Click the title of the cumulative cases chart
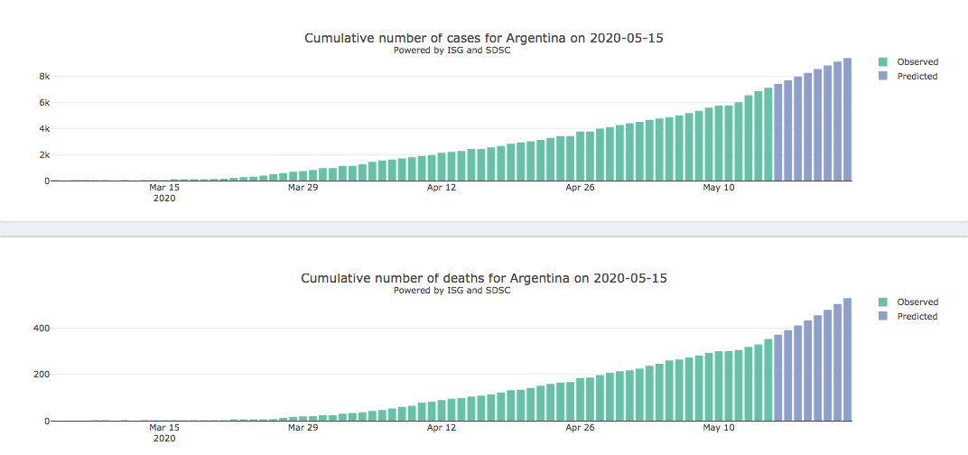coord(489,38)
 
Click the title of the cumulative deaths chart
coord(484,278)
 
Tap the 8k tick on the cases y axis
coord(43,77)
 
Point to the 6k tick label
coord(43,103)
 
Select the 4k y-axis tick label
coord(43,129)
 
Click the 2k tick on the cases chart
coord(43,155)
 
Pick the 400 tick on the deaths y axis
coord(41,328)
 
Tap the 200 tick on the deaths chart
coord(41,375)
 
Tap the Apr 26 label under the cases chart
coord(580,188)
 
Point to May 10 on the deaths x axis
coord(719,428)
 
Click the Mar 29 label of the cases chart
coord(302,188)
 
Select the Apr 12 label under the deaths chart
coord(442,428)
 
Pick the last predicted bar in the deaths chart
coord(847,360)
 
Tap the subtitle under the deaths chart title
coord(451,290)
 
